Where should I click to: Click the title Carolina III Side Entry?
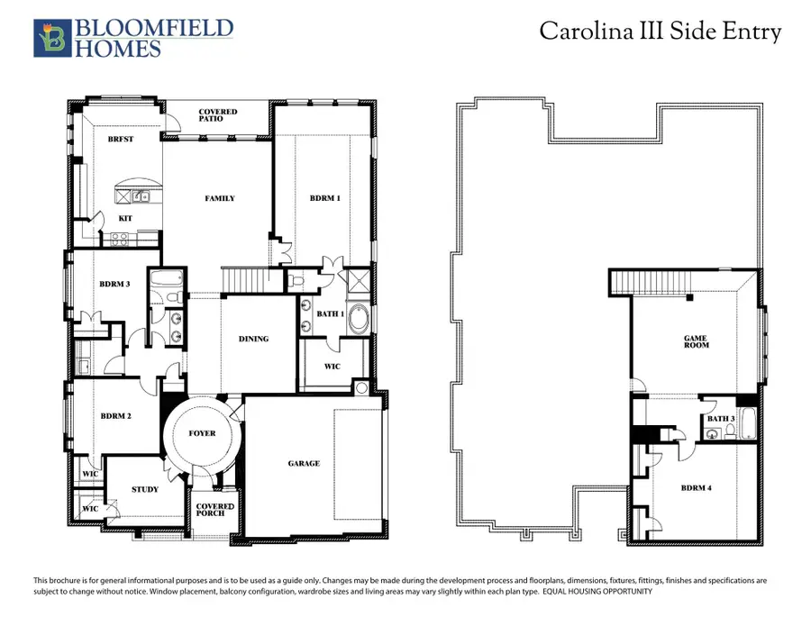tap(660, 32)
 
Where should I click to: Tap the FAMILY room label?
tap(220, 198)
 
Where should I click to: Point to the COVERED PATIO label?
tap(218, 116)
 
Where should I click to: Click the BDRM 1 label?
tap(324, 198)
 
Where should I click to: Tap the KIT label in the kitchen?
tap(125, 218)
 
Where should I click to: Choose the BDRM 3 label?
tap(115, 284)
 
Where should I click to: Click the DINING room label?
tap(253, 339)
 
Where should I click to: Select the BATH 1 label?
tap(330, 313)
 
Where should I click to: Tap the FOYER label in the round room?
tap(202, 433)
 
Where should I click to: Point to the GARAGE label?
tap(304, 463)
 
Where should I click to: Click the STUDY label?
tap(145, 490)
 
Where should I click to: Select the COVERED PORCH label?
tap(215, 511)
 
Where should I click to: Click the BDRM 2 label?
tap(116, 416)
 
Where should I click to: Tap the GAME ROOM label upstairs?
tap(696, 342)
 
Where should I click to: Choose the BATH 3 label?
tap(721, 418)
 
